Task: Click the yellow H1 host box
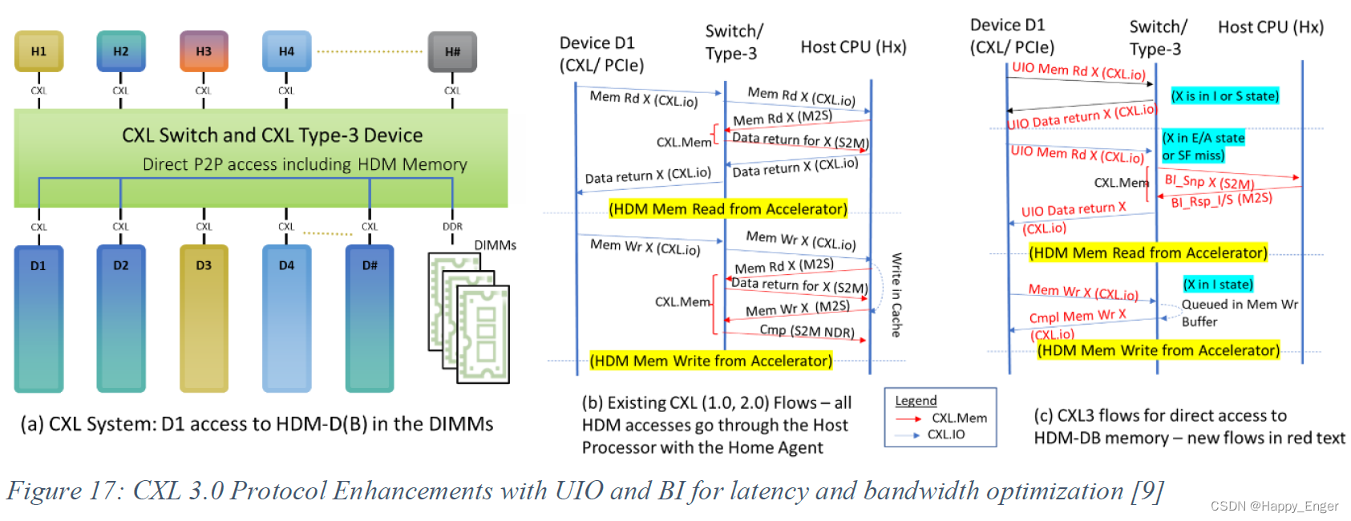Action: coord(38,51)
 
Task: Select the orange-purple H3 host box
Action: coord(204,51)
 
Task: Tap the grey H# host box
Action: coord(452,51)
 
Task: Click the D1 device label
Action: coord(38,265)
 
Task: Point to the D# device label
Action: coord(370,265)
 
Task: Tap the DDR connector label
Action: coord(452,227)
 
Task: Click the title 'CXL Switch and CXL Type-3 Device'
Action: coord(272,135)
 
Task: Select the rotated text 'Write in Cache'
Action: coord(897,294)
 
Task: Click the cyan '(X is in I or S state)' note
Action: coord(1224,96)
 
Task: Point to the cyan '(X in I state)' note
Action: coord(1217,285)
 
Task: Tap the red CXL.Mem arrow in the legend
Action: coord(908,418)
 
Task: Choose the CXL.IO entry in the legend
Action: coord(946,434)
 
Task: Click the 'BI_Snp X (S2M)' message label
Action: coord(1209,181)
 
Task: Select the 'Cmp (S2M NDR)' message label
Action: coord(807,330)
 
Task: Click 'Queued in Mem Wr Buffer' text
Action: coord(1239,313)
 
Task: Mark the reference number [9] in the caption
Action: coord(1147,491)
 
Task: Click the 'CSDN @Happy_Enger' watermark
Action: coord(1274,506)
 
